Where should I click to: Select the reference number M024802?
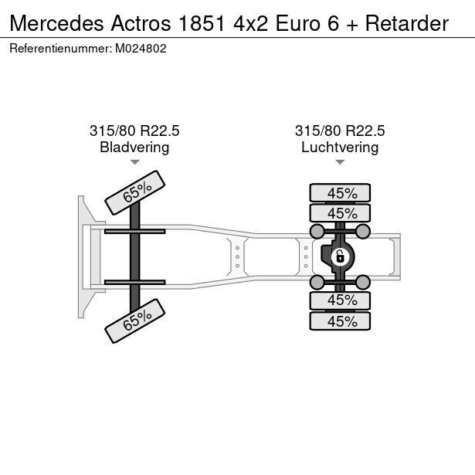141,48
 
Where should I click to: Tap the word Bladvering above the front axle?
134,147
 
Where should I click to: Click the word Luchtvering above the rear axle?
340,147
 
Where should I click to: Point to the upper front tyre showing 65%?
134,192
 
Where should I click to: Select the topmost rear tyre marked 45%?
340,193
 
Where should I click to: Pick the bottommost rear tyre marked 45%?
340,321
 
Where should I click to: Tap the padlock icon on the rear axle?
339,256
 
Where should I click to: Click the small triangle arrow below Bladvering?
134,162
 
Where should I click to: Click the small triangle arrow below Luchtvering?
340,162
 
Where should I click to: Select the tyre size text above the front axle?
134,131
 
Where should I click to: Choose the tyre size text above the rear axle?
340,131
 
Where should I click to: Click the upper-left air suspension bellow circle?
317,231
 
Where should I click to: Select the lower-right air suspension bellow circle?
363,281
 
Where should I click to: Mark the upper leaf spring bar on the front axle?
134,231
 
